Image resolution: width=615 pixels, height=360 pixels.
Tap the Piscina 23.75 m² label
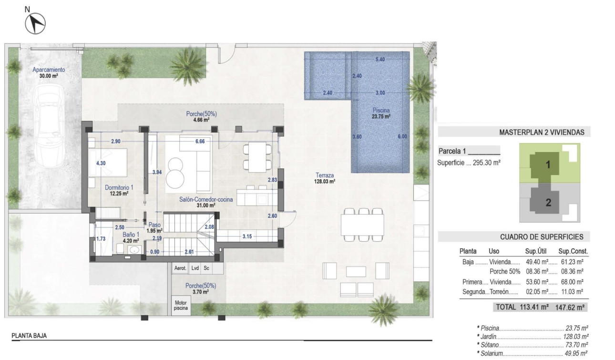[381, 113]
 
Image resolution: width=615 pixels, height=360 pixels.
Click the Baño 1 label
[118, 234]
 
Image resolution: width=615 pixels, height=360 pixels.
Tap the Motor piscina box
[180, 305]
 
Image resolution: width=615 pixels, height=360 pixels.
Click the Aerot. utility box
[180, 268]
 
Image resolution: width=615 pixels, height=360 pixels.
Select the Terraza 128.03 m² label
[325, 178]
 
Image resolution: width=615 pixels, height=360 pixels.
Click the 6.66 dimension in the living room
[200, 142]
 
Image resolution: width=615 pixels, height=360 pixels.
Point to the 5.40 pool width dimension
[380, 60]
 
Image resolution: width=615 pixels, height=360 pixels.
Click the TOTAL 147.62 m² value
[571, 307]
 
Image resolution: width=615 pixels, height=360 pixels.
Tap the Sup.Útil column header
[535, 251]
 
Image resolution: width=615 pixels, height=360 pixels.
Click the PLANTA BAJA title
[29, 336]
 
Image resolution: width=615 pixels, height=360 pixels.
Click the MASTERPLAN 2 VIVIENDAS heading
[541, 133]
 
